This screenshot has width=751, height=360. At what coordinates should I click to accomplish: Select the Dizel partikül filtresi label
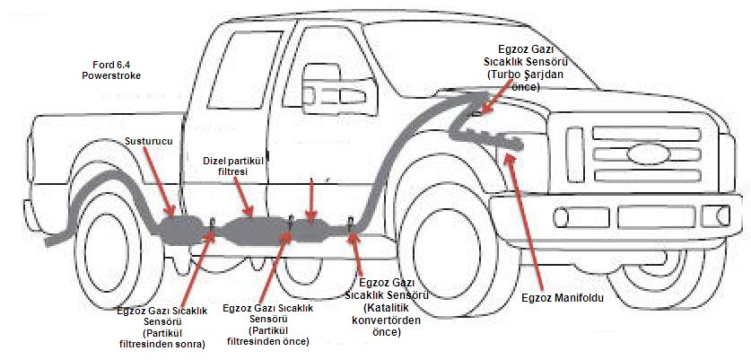pos(232,164)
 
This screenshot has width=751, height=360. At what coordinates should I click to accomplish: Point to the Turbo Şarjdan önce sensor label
pos(530,66)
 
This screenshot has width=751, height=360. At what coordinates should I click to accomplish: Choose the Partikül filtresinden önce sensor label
pos(267,324)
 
